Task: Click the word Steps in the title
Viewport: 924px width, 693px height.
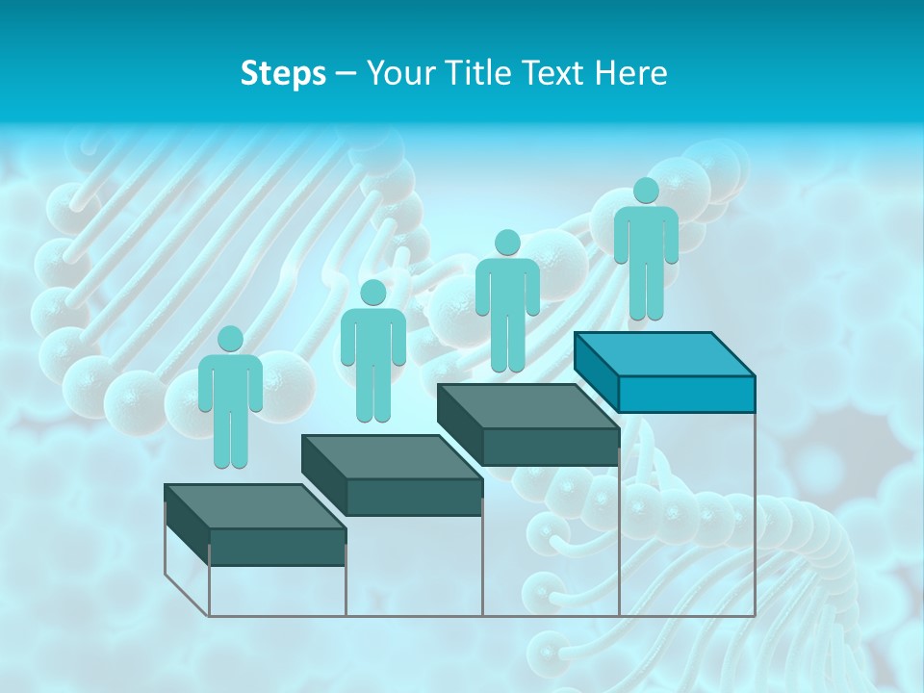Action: [283, 73]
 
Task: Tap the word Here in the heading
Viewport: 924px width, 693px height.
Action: [631, 73]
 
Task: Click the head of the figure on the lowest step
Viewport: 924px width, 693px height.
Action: [230, 339]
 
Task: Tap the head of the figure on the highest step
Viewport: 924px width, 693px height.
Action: [646, 191]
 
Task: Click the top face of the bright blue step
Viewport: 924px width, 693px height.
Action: [664, 354]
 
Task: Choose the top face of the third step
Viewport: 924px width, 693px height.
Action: [527, 406]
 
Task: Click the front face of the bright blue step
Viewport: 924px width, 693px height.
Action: [686, 394]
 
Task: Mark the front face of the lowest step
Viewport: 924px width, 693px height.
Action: [277, 547]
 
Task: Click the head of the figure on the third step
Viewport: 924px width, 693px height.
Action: [507, 243]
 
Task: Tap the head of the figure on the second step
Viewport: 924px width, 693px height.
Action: [373, 293]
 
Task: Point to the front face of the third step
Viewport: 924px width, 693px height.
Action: [551, 447]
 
